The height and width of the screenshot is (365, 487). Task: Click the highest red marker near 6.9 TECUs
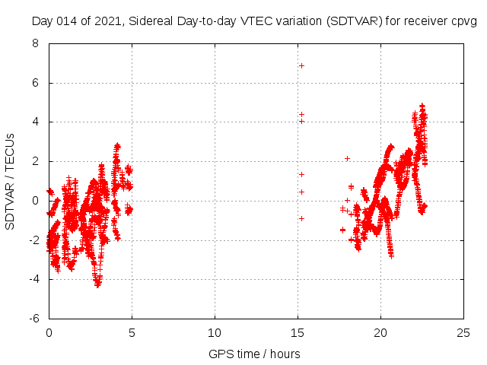tap(301, 65)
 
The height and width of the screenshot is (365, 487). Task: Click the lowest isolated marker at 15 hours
tap(301, 218)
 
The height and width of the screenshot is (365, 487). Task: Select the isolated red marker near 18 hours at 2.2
tap(347, 158)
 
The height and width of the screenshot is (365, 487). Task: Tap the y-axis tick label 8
tap(36, 43)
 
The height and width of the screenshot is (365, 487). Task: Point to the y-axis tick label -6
tap(33, 318)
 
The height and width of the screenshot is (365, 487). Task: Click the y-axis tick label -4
tap(33, 279)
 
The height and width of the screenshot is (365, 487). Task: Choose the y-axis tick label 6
tap(36, 83)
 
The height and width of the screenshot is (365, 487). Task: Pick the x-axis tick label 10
tap(215, 332)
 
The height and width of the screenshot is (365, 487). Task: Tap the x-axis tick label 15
tap(298, 332)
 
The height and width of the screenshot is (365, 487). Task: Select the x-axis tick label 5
tap(132, 332)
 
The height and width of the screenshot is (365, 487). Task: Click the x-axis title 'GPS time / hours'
tap(254, 354)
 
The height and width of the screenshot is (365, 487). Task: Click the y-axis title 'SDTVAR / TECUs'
tap(11, 182)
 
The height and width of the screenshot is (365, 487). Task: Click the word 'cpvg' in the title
tap(464, 21)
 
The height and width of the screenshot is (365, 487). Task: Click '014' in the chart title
tap(67, 21)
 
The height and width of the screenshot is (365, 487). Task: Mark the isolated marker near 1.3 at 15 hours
tap(301, 174)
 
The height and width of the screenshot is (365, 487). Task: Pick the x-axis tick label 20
tap(380, 332)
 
